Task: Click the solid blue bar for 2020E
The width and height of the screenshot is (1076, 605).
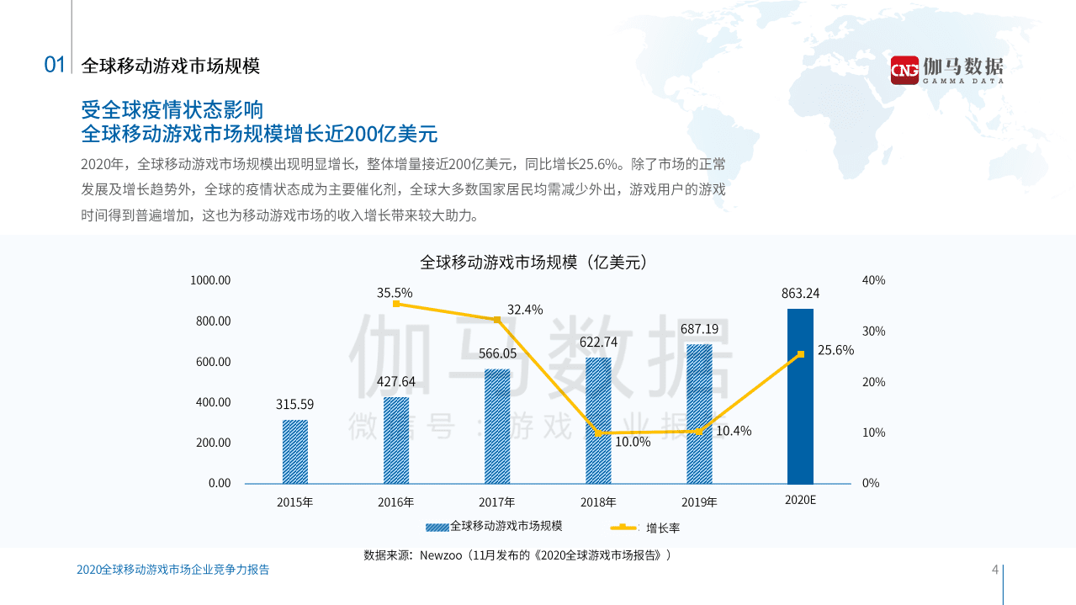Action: pyautogui.click(x=800, y=395)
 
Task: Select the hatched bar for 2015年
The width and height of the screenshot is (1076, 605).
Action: pyautogui.click(x=294, y=451)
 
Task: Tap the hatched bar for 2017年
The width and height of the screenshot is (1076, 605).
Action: pyautogui.click(x=496, y=426)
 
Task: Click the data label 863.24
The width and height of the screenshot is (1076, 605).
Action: pyautogui.click(x=800, y=294)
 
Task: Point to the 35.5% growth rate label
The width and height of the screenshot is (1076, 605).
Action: pyautogui.click(x=395, y=293)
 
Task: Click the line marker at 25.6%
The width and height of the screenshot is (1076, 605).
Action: pyautogui.click(x=800, y=354)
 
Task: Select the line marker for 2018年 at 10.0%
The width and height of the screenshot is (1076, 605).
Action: pyautogui.click(x=598, y=433)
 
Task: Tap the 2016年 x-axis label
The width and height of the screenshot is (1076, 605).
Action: pyautogui.click(x=395, y=503)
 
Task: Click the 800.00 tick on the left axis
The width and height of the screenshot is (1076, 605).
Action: pyautogui.click(x=214, y=321)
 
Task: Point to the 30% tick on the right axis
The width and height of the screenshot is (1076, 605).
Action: pyautogui.click(x=874, y=331)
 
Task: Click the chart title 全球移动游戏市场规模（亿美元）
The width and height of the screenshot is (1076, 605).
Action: pyautogui.click(x=533, y=262)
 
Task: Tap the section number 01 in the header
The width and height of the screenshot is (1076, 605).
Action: pyautogui.click(x=55, y=66)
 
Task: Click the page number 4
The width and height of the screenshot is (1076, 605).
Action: pyautogui.click(x=995, y=570)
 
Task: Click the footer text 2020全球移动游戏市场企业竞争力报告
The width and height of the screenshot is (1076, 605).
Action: pyautogui.click(x=172, y=570)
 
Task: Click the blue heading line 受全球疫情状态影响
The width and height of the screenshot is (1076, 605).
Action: pyautogui.click(x=172, y=110)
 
